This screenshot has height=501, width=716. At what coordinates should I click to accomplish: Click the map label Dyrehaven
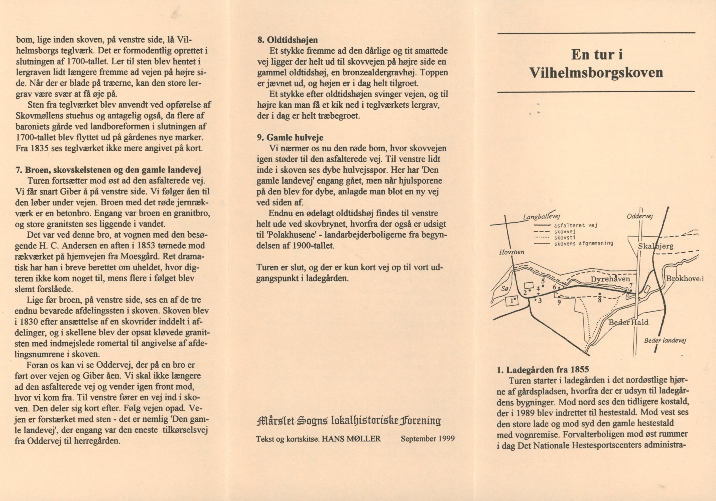click(x=610, y=279)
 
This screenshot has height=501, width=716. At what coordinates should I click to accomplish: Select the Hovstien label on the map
click(x=512, y=252)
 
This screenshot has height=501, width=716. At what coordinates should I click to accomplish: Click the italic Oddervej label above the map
click(x=640, y=216)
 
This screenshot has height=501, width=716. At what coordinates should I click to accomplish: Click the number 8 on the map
click(x=600, y=300)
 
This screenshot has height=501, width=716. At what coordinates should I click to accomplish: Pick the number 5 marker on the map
click(x=543, y=281)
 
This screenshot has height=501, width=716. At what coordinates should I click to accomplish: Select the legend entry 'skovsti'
click(x=565, y=237)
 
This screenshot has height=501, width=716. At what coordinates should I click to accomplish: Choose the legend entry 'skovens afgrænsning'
click(x=584, y=243)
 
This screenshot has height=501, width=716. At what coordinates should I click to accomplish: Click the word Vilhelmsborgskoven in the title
click(x=596, y=73)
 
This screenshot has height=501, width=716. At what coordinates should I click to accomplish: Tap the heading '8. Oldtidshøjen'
click(x=287, y=40)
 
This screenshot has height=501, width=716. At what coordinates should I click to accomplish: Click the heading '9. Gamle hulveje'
click(x=290, y=137)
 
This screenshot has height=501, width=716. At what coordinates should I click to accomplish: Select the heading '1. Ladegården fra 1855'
click(x=543, y=370)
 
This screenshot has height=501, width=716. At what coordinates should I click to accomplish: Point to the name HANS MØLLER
click(x=351, y=439)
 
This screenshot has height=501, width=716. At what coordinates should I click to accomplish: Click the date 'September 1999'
click(x=428, y=439)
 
